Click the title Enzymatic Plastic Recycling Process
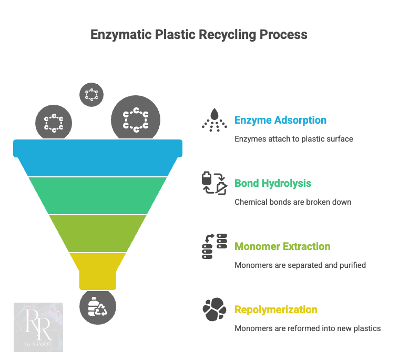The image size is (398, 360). point(199,35)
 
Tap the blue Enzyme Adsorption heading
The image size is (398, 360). point(280,120)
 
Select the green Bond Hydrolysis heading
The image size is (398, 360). point(273,183)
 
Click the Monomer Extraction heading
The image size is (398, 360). point(282,246)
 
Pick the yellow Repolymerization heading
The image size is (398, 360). point(275,309)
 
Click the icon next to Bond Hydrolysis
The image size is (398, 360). point(214,183)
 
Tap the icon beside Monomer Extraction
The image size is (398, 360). point(214,246)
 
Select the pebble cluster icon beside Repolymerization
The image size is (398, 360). point(214,309)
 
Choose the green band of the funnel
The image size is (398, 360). point(98,195)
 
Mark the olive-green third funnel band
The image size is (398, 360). point(98,233)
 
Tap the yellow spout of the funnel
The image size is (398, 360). point(98,271)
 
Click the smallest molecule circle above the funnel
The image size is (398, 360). point(91,95)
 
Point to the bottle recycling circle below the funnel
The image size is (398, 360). point(98,307)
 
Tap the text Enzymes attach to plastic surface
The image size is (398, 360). point(293,139)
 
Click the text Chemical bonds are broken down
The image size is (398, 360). point(293,202)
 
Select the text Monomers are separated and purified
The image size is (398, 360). point(300,265)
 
